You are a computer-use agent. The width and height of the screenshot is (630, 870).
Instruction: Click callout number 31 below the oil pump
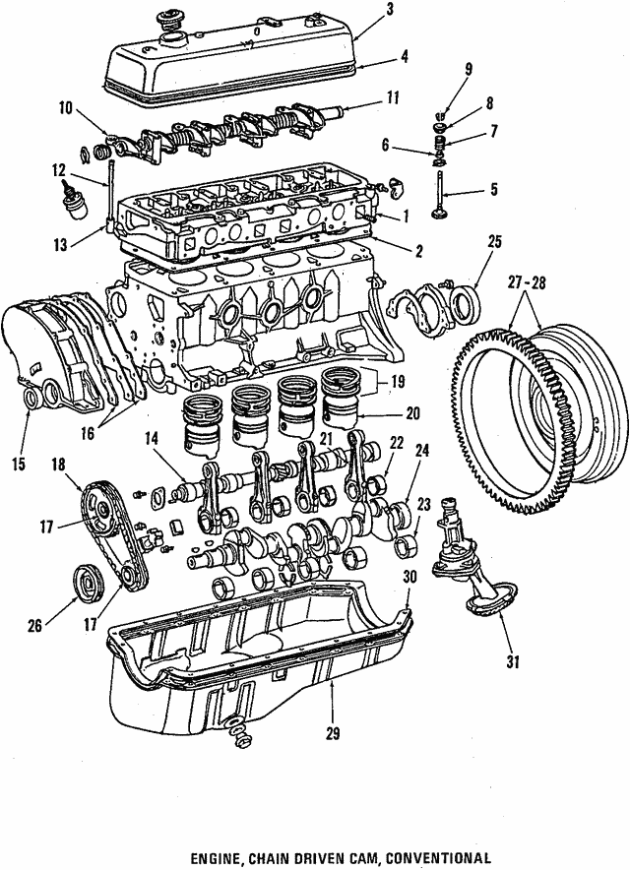click(511, 661)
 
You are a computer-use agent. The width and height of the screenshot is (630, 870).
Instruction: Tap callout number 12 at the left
click(58, 169)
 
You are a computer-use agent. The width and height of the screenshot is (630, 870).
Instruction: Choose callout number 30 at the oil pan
click(409, 577)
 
